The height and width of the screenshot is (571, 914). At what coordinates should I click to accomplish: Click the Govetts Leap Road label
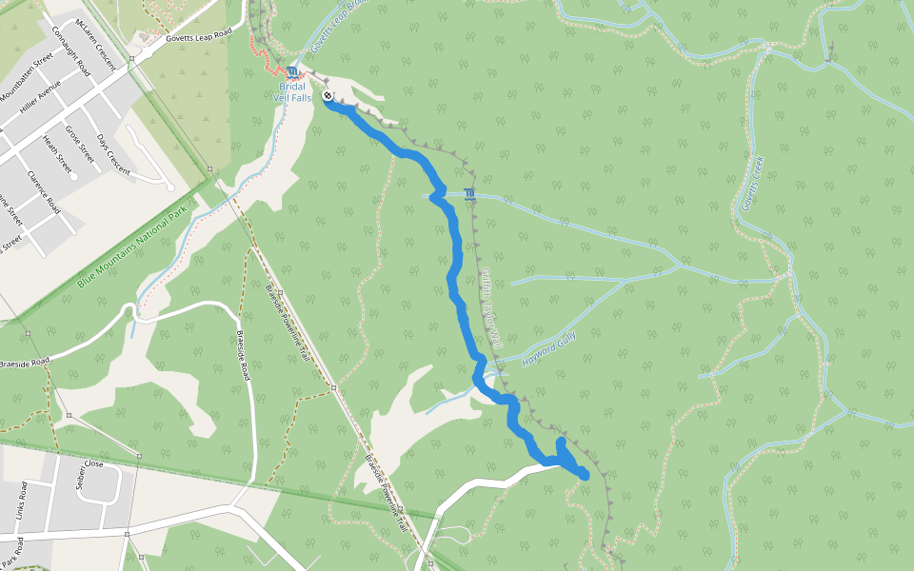197,34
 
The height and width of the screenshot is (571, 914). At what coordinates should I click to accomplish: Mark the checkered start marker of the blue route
328,96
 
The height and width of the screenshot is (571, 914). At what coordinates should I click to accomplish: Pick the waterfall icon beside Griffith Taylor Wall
468,195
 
